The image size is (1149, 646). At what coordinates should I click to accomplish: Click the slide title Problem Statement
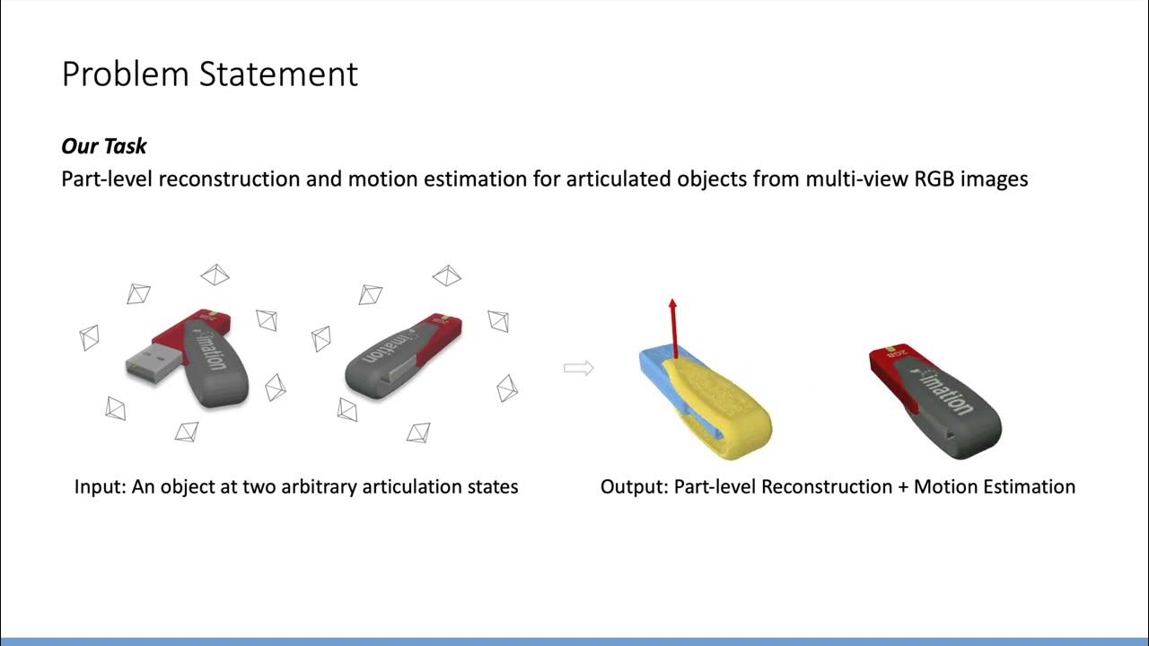click(209, 74)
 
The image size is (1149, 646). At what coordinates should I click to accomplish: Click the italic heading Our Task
click(104, 146)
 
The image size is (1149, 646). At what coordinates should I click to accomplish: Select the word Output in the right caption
click(631, 487)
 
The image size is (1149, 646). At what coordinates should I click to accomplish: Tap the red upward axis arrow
click(671, 327)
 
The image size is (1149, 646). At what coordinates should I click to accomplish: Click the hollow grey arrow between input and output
click(578, 367)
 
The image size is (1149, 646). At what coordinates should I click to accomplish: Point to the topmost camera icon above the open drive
click(215, 274)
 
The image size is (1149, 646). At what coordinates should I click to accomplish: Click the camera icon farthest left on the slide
click(89, 337)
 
